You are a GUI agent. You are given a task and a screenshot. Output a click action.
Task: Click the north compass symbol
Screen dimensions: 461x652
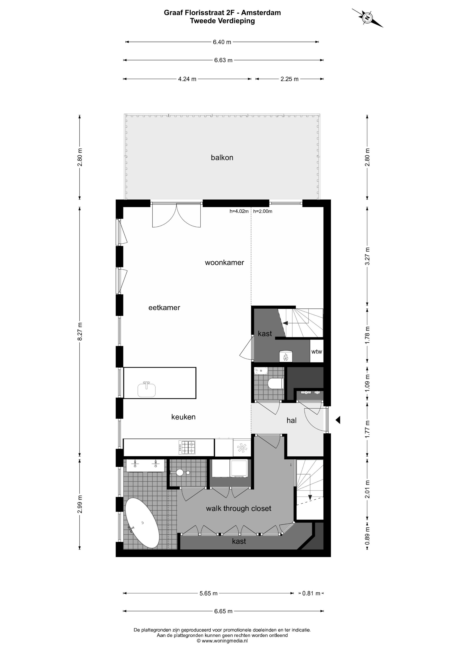[x=368, y=18]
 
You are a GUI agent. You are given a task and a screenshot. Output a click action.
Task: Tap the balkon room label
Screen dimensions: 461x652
[x=222, y=158]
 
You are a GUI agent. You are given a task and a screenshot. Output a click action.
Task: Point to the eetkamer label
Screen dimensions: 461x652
[x=164, y=308]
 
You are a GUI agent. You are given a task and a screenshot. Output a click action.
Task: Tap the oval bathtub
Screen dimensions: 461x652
[x=142, y=523]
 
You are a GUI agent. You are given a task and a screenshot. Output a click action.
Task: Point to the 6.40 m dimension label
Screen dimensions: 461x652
[x=222, y=42]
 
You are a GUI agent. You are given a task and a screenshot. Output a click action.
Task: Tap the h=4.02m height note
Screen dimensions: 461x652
[x=239, y=211]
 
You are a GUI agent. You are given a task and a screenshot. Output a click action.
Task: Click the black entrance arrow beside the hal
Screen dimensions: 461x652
[x=338, y=420]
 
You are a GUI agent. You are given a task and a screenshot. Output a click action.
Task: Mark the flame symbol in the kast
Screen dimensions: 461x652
[x=285, y=357]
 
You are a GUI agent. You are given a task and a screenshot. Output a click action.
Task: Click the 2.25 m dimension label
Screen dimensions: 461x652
[x=290, y=79]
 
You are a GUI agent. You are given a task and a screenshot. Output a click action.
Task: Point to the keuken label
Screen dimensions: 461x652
[x=183, y=417]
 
